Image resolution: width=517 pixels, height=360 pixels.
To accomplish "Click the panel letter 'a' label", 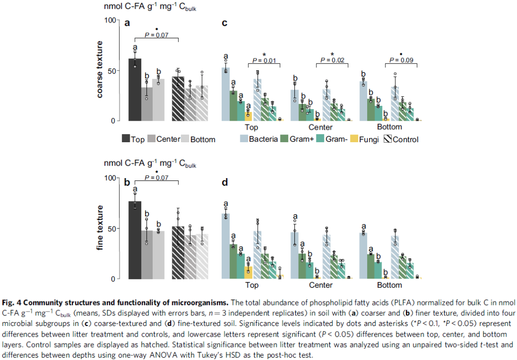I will point(127,23).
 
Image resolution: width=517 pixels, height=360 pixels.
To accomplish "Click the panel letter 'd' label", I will point(225,182).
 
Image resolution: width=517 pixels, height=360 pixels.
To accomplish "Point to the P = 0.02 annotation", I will point(332,60).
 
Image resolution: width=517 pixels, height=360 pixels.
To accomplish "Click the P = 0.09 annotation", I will point(401,60).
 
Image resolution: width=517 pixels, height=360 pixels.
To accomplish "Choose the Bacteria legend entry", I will point(258,139).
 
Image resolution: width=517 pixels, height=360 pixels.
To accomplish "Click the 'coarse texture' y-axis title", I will point(100,70).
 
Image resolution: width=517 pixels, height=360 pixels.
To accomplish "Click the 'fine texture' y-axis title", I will point(100,228).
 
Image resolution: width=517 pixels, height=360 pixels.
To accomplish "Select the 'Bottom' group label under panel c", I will point(389,127).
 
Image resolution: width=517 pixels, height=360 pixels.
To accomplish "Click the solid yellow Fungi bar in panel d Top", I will point(248,273).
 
